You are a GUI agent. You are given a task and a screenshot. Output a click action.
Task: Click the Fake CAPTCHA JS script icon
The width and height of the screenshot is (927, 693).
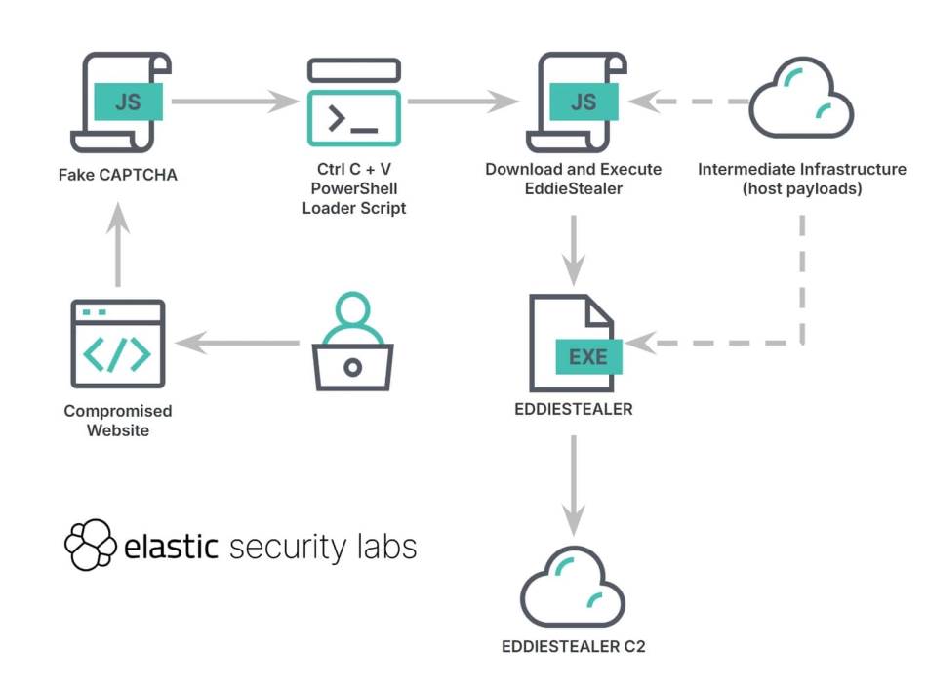[121, 102]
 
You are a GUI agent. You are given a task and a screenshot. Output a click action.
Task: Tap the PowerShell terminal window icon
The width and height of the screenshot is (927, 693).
[354, 102]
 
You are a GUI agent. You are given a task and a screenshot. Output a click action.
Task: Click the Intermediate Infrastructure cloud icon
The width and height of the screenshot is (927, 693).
[801, 99]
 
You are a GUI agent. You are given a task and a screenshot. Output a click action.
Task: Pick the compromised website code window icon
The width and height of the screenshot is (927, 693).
[118, 344]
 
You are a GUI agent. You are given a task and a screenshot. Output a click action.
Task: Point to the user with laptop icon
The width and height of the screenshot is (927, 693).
[353, 342]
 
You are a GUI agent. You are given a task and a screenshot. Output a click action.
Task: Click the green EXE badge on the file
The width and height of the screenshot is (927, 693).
[588, 356]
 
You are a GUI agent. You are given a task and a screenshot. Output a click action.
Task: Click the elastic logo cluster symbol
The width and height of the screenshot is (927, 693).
[90, 545]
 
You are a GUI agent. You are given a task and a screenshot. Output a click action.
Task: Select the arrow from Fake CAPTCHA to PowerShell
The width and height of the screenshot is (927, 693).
[235, 102]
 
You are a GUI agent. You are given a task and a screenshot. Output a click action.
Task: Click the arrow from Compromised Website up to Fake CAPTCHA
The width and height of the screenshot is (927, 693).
[118, 244]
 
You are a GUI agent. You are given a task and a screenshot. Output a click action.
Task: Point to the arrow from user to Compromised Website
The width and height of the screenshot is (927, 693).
[238, 343]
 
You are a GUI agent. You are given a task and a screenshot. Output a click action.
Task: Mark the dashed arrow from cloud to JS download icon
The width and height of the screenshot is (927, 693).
[689, 102]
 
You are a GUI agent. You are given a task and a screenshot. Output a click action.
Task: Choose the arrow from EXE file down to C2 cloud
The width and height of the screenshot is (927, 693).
[574, 486]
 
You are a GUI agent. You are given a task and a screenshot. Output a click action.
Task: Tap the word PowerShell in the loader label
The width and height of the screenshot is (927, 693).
[354, 188]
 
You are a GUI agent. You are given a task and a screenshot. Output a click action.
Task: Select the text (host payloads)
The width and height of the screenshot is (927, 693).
[802, 188]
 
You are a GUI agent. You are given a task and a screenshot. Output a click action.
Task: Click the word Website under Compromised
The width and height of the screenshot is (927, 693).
[118, 430]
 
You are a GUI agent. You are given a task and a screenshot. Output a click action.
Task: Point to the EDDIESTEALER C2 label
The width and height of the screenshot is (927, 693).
[574, 646]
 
